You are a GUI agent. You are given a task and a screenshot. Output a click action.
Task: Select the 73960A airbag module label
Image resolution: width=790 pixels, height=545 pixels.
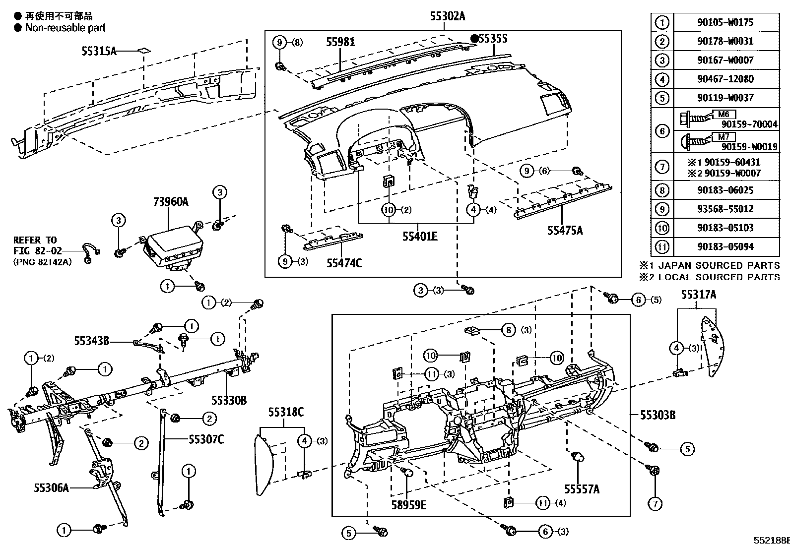click(x=170, y=202)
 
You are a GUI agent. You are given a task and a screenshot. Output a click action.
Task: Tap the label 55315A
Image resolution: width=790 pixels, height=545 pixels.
click(x=99, y=51)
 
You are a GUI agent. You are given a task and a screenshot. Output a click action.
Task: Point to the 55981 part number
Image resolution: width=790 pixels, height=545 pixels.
click(x=340, y=42)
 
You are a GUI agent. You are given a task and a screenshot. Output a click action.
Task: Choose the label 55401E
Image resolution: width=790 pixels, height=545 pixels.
click(x=420, y=236)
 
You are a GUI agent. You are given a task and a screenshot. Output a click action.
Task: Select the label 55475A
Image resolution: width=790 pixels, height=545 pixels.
click(x=565, y=230)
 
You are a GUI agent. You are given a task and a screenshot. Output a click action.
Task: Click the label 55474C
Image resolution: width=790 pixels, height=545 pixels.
click(x=344, y=262)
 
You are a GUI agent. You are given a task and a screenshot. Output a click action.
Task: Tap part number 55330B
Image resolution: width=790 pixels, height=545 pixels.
click(x=229, y=400)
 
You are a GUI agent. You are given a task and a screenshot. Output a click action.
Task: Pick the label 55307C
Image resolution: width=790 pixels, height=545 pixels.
click(x=206, y=439)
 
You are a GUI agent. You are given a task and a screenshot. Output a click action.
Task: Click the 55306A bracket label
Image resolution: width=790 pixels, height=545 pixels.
click(x=51, y=487)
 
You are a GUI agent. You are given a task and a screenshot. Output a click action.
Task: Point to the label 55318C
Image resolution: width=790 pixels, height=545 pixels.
click(x=286, y=411)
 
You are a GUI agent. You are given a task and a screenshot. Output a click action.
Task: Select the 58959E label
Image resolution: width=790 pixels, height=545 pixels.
click(x=407, y=505)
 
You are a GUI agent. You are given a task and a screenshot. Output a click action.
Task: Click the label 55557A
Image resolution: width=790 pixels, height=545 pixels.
click(x=581, y=489)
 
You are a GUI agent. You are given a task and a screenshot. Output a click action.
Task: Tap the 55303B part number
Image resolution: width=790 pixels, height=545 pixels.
click(x=658, y=415)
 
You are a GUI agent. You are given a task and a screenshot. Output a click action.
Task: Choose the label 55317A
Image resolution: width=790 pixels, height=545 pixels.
click(x=698, y=295)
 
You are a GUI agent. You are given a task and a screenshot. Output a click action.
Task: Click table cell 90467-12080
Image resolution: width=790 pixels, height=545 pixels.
click(x=725, y=79)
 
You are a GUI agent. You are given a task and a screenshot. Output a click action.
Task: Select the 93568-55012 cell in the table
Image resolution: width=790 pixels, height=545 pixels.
click(x=725, y=209)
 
